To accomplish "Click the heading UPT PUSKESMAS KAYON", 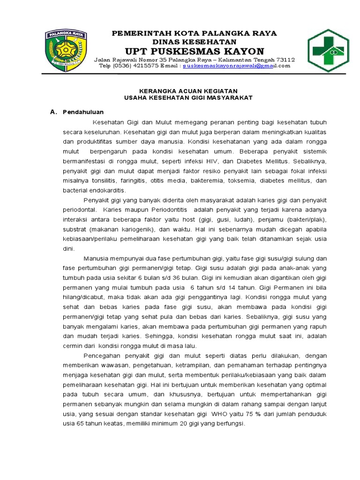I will coord(194,51).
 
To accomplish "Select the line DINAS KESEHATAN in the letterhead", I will coord(194,41).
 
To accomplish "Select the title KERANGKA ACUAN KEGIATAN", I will coord(189,90).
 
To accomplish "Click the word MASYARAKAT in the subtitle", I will coord(230,97).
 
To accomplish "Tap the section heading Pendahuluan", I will coord(83,112).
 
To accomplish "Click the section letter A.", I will coord(52,112).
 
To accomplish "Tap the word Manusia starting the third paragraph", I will coord(97,259).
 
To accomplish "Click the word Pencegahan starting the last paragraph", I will coord(102,356).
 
